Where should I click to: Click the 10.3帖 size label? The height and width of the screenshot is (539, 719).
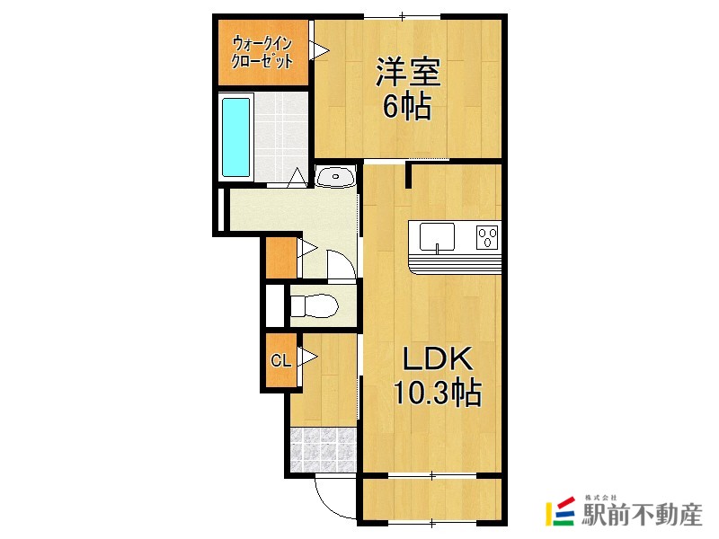(x=436, y=393)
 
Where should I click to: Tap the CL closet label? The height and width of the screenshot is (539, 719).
(x=280, y=361)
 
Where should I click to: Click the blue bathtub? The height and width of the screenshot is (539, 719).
(x=235, y=137)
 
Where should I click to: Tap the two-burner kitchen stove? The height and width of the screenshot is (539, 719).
(x=487, y=237)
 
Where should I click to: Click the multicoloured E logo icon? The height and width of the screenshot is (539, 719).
(x=562, y=511)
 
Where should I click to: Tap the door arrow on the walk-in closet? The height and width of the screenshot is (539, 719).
(x=317, y=50)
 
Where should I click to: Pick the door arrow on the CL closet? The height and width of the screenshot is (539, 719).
(x=308, y=358)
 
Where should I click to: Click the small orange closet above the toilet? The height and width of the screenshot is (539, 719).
(x=280, y=257)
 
